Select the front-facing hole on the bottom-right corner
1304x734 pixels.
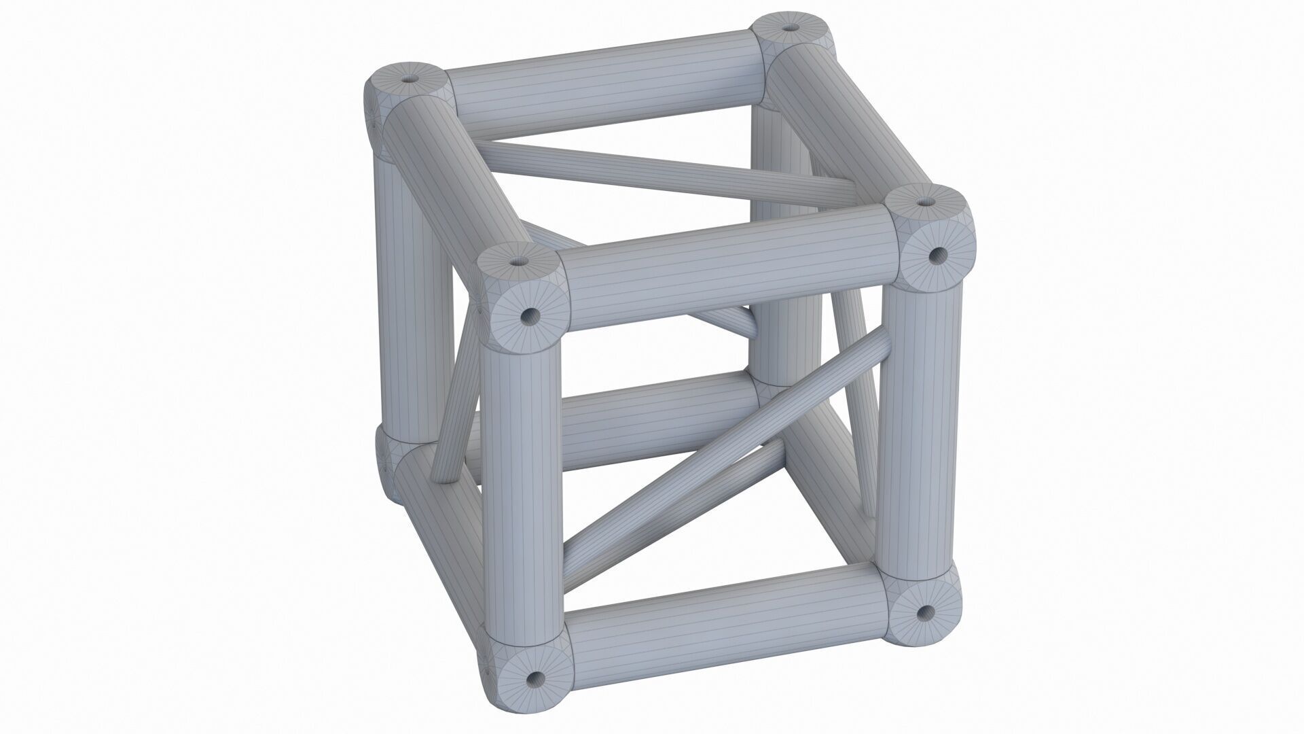(x=922, y=613)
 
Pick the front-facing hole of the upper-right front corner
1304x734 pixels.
(x=938, y=256)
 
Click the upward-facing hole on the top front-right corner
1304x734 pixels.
(x=925, y=202)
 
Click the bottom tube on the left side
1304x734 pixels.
(x=441, y=530)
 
